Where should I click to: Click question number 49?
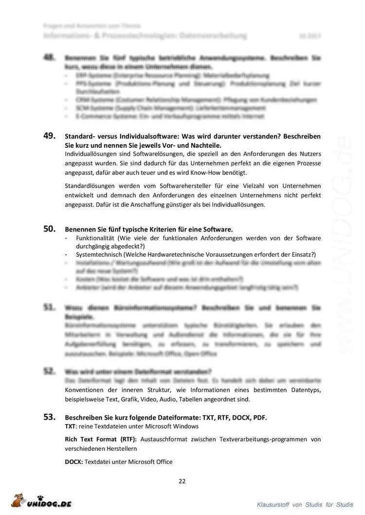point(50,136)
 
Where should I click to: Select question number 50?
point(50,229)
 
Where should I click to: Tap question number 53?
point(50,417)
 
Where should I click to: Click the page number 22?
point(182,481)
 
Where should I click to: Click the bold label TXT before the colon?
point(70,426)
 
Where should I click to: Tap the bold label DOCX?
point(73,462)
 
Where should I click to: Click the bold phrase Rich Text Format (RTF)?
point(101,439)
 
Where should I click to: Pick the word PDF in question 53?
point(259,418)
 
